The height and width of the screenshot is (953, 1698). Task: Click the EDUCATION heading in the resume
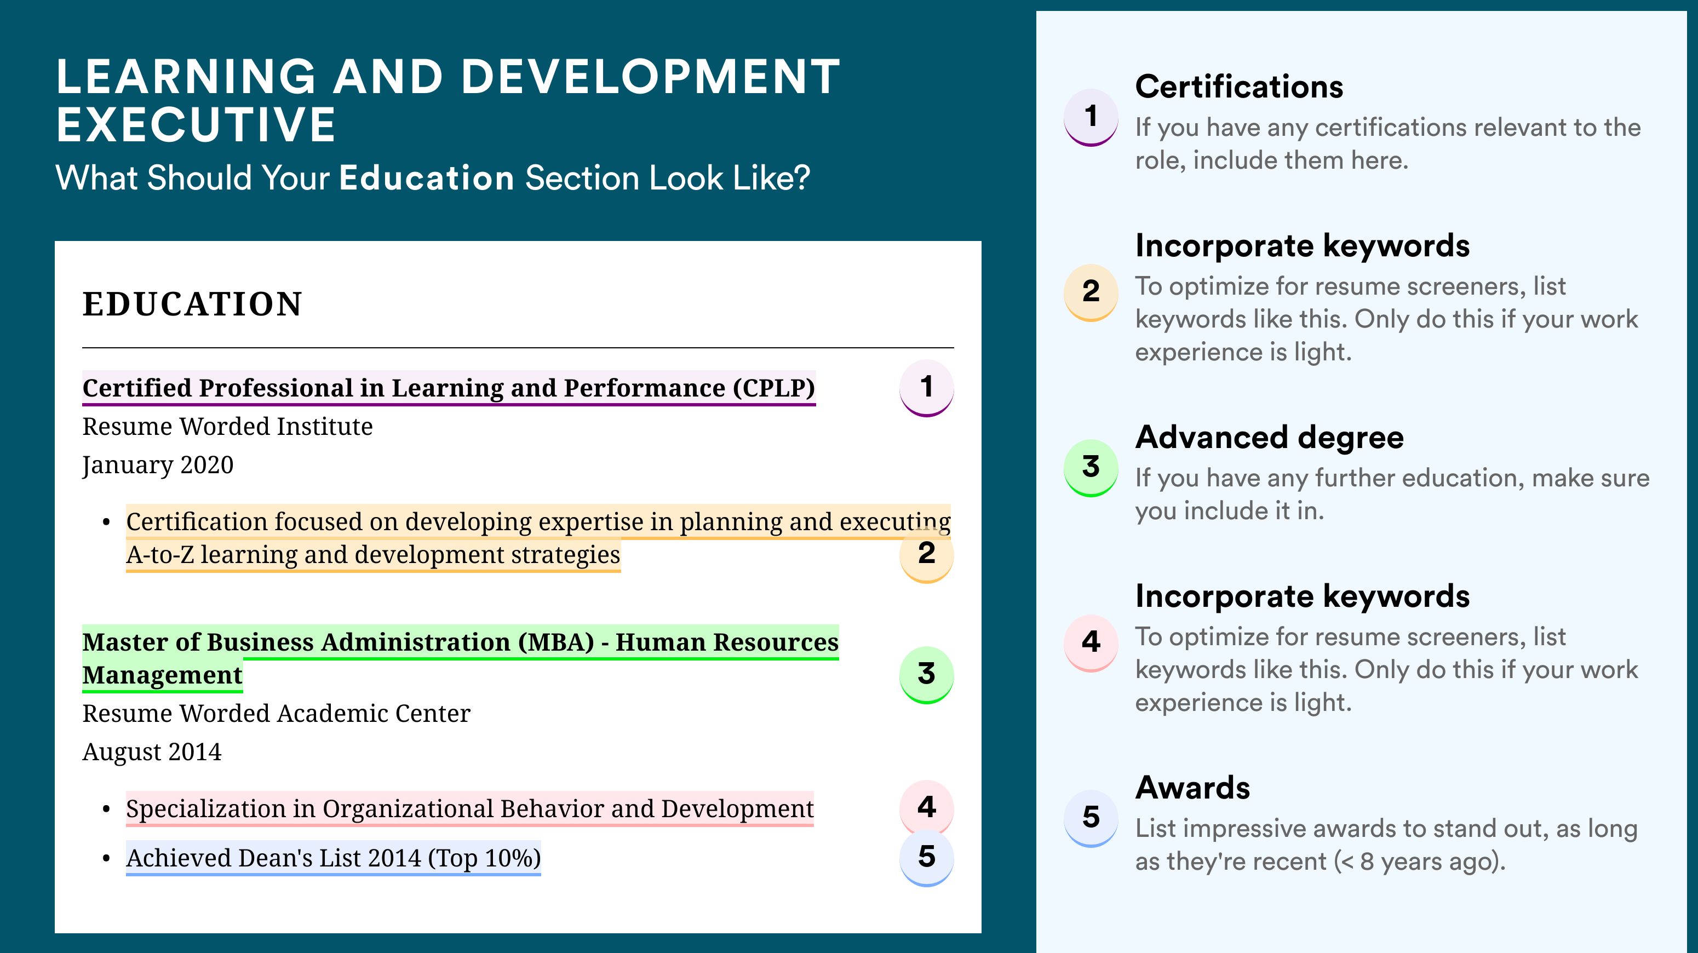pos(192,305)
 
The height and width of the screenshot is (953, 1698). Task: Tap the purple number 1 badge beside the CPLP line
pos(926,388)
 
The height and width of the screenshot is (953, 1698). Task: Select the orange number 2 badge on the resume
pos(926,554)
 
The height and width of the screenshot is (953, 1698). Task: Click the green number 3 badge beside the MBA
pos(926,675)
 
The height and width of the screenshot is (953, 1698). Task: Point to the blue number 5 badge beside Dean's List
pos(926,858)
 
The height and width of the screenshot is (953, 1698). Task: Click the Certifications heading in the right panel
pos(1238,87)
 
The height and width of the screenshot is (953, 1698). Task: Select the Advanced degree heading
pos(1269,437)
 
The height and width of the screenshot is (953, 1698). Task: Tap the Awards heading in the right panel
pos(1192,788)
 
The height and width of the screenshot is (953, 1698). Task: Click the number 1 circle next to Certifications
pos(1091,117)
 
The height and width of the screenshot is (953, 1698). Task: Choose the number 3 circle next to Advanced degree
pos(1091,467)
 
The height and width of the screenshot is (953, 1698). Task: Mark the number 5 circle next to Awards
pos(1091,818)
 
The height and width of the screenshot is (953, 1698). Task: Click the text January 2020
pos(158,466)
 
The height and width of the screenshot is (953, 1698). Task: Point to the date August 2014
pos(152,752)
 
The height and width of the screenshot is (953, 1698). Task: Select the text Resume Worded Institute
pos(227,427)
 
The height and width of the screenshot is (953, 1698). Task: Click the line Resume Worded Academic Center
pos(276,713)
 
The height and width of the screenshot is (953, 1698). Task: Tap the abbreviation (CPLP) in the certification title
pos(774,388)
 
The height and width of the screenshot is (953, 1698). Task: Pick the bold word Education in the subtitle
pos(427,178)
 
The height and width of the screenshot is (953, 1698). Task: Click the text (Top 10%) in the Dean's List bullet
pos(485,858)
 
